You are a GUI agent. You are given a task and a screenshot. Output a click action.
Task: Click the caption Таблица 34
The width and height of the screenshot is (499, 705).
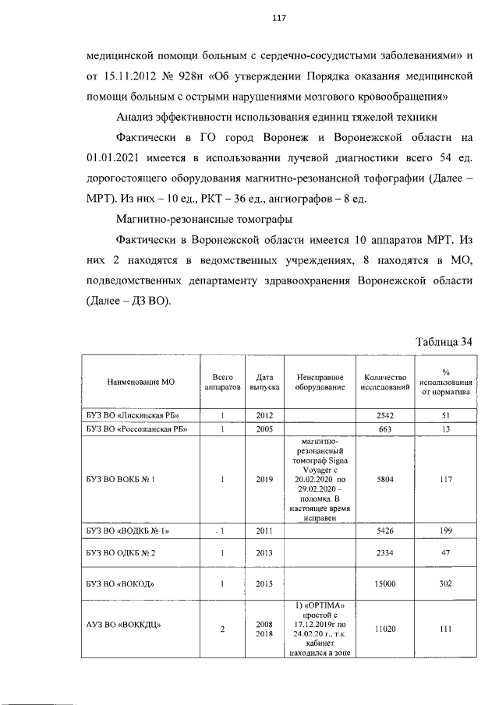[x=444, y=342]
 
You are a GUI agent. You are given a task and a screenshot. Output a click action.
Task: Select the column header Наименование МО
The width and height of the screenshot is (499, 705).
[x=140, y=382]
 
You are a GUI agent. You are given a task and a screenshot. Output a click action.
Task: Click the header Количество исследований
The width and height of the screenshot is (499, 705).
[x=385, y=382]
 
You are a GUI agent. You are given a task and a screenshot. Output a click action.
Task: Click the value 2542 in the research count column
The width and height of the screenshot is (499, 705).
[x=385, y=415]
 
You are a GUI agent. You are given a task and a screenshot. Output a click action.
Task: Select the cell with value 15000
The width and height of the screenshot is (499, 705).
[x=385, y=583]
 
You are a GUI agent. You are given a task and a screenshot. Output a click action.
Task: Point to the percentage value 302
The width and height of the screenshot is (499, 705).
[x=446, y=583]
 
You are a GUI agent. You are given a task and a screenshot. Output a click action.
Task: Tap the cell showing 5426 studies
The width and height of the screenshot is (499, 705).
[x=385, y=531]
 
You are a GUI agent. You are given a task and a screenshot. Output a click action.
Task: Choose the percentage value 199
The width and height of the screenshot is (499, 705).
[x=446, y=531]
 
